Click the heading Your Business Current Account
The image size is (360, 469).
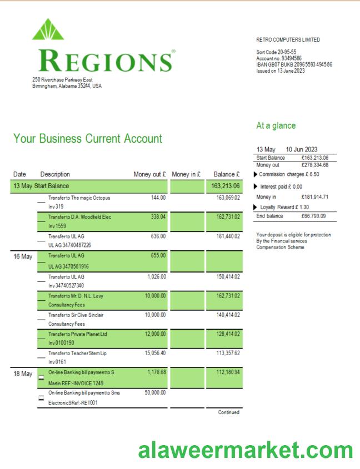[x=88, y=139]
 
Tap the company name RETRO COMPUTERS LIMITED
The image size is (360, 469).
[x=288, y=40]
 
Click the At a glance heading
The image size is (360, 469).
[x=276, y=126]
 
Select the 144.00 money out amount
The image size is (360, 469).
[x=158, y=197]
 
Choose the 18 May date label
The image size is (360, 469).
[x=22, y=375]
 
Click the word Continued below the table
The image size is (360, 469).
[x=229, y=412]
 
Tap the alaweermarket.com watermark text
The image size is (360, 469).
[x=245, y=449]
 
